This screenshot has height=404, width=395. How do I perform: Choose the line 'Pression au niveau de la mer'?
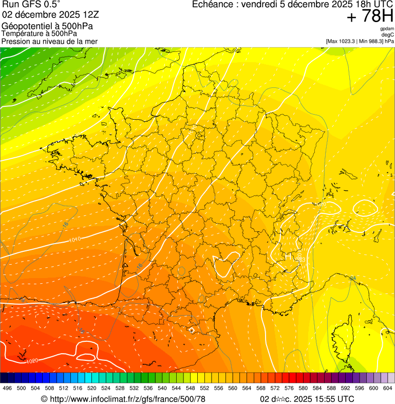click(49, 41)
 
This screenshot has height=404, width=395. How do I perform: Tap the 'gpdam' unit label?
click(387, 29)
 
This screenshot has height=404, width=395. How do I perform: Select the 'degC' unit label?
click(388, 35)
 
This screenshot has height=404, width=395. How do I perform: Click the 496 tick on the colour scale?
click(7, 389)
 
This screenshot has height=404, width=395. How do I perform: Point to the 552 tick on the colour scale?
click(204, 389)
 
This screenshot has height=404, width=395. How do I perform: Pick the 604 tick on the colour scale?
click(387, 389)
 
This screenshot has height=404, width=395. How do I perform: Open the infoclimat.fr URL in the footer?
click(123, 399)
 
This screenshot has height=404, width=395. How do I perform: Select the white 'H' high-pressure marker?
click(288, 255)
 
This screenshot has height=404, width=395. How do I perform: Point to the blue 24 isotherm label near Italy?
click(352, 278)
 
